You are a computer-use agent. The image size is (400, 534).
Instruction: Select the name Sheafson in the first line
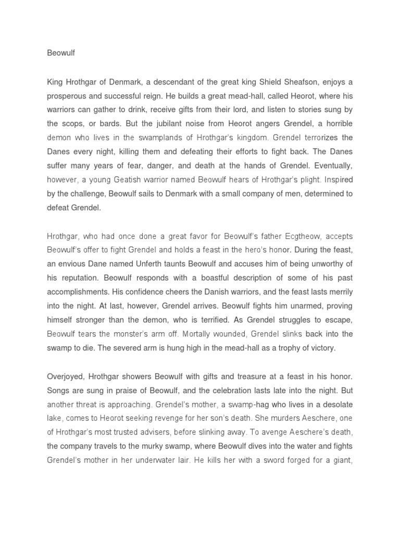click(298, 82)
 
